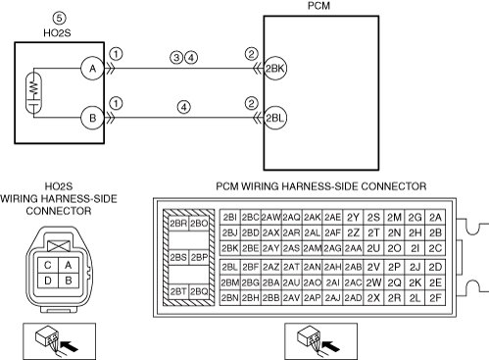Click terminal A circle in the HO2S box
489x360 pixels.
pos(92,69)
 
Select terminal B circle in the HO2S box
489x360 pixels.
pos(92,118)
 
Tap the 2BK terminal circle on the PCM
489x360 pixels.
pos(274,69)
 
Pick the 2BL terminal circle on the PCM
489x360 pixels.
pos(274,118)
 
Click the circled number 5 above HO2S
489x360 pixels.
pos(59,18)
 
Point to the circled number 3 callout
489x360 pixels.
pos(176,58)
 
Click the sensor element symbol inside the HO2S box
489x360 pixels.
pos(33,93)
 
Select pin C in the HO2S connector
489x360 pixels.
pos(48,265)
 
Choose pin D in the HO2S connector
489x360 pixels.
pos(48,281)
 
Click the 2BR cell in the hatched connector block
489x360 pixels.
pos(178,224)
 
